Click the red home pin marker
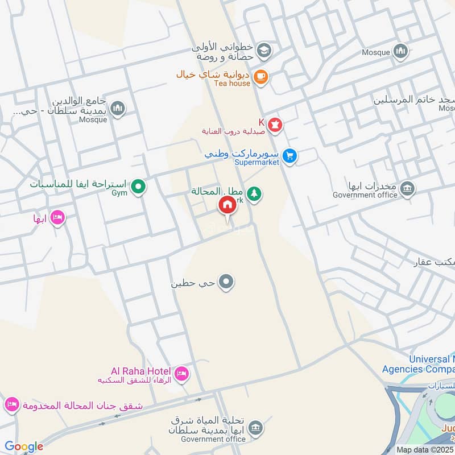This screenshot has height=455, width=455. [x=227, y=205]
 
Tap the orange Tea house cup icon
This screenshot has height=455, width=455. [x=260, y=77]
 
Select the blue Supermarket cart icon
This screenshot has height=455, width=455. [x=290, y=155]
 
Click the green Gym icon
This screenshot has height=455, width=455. [x=138, y=186]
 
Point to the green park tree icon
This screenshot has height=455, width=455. [x=254, y=194]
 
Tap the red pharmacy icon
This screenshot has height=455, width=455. [x=275, y=125]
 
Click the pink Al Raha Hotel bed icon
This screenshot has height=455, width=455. [x=181, y=373]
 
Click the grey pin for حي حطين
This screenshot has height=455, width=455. [x=227, y=282]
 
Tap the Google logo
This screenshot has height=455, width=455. [x=24, y=446]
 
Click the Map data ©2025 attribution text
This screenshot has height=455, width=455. [x=423, y=449]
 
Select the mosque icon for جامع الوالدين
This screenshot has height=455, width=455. [x=118, y=108]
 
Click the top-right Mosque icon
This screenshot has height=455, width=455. [x=401, y=52]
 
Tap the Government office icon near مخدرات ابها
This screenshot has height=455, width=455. [x=407, y=188]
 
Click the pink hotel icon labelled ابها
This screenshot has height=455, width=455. [x=57, y=217]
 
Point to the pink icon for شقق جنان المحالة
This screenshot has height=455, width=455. [x=11, y=405]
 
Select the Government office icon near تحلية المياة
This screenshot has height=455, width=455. [x=255, y=427]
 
